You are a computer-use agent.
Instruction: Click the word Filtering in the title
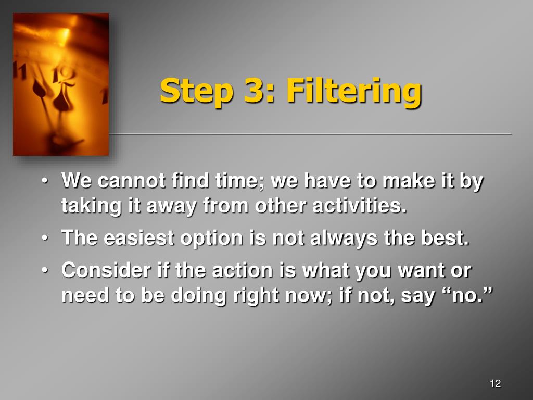[353, 91]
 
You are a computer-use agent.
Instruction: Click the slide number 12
[495, 384]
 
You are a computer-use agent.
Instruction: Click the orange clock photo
[61, 84]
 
